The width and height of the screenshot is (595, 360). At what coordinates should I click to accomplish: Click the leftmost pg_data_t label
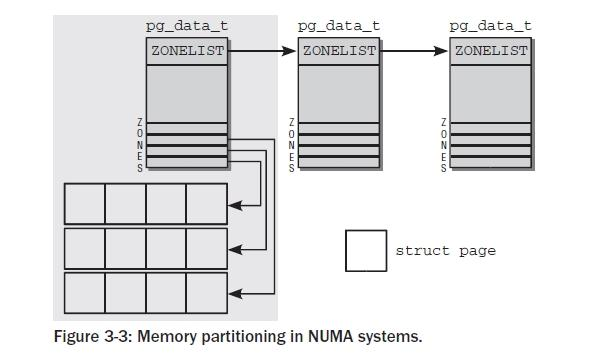click(x=187, y=23)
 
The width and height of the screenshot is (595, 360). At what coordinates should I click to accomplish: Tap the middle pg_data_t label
click(x=339, y=23)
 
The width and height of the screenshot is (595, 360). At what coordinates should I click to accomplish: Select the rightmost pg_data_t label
click(x=491, y=23)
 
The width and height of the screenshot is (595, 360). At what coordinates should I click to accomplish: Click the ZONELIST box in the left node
click(x=187, y=50)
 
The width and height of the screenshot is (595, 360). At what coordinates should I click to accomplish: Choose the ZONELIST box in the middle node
click(x=339, y=50)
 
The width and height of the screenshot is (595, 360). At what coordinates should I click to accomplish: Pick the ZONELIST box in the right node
click(x=491, y=50)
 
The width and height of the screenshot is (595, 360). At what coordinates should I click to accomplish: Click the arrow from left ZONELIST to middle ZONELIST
click(x=263, y=50)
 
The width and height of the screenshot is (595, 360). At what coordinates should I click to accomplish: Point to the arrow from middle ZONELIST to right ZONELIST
click(x=415, y=50)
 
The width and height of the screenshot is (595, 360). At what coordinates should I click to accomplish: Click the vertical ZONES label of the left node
click(x=140, y=146)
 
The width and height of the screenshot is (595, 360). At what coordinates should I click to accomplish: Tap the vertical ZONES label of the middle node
click(x=292, y=146)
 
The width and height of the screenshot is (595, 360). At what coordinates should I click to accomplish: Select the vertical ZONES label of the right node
click(x=444, y=146)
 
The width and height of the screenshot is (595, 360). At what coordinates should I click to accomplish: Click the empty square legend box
click(x=366, y=251)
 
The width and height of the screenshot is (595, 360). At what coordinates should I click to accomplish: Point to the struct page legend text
click(x=445, y=251)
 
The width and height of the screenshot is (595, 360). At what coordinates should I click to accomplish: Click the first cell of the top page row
click(x=85, y=204)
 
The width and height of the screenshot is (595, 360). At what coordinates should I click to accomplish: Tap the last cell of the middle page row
click(x=207, y=248)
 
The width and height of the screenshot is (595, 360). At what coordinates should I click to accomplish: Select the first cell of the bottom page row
click(x=85, y=292)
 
